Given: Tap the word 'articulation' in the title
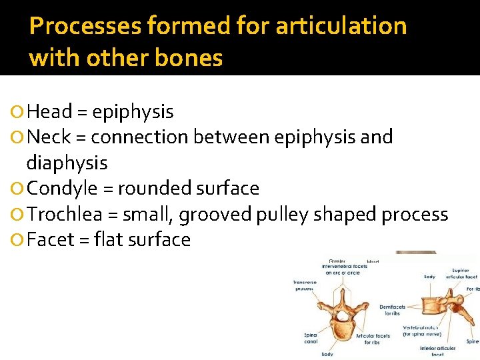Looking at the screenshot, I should click(341, 27).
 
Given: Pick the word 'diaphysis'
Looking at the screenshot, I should click(67, 162).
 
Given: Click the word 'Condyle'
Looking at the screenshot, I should click(63, 189).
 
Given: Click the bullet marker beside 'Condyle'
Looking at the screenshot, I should click(17, 189).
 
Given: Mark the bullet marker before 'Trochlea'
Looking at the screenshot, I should click(17, 215).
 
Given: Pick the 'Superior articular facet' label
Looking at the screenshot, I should click(461, 274).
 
